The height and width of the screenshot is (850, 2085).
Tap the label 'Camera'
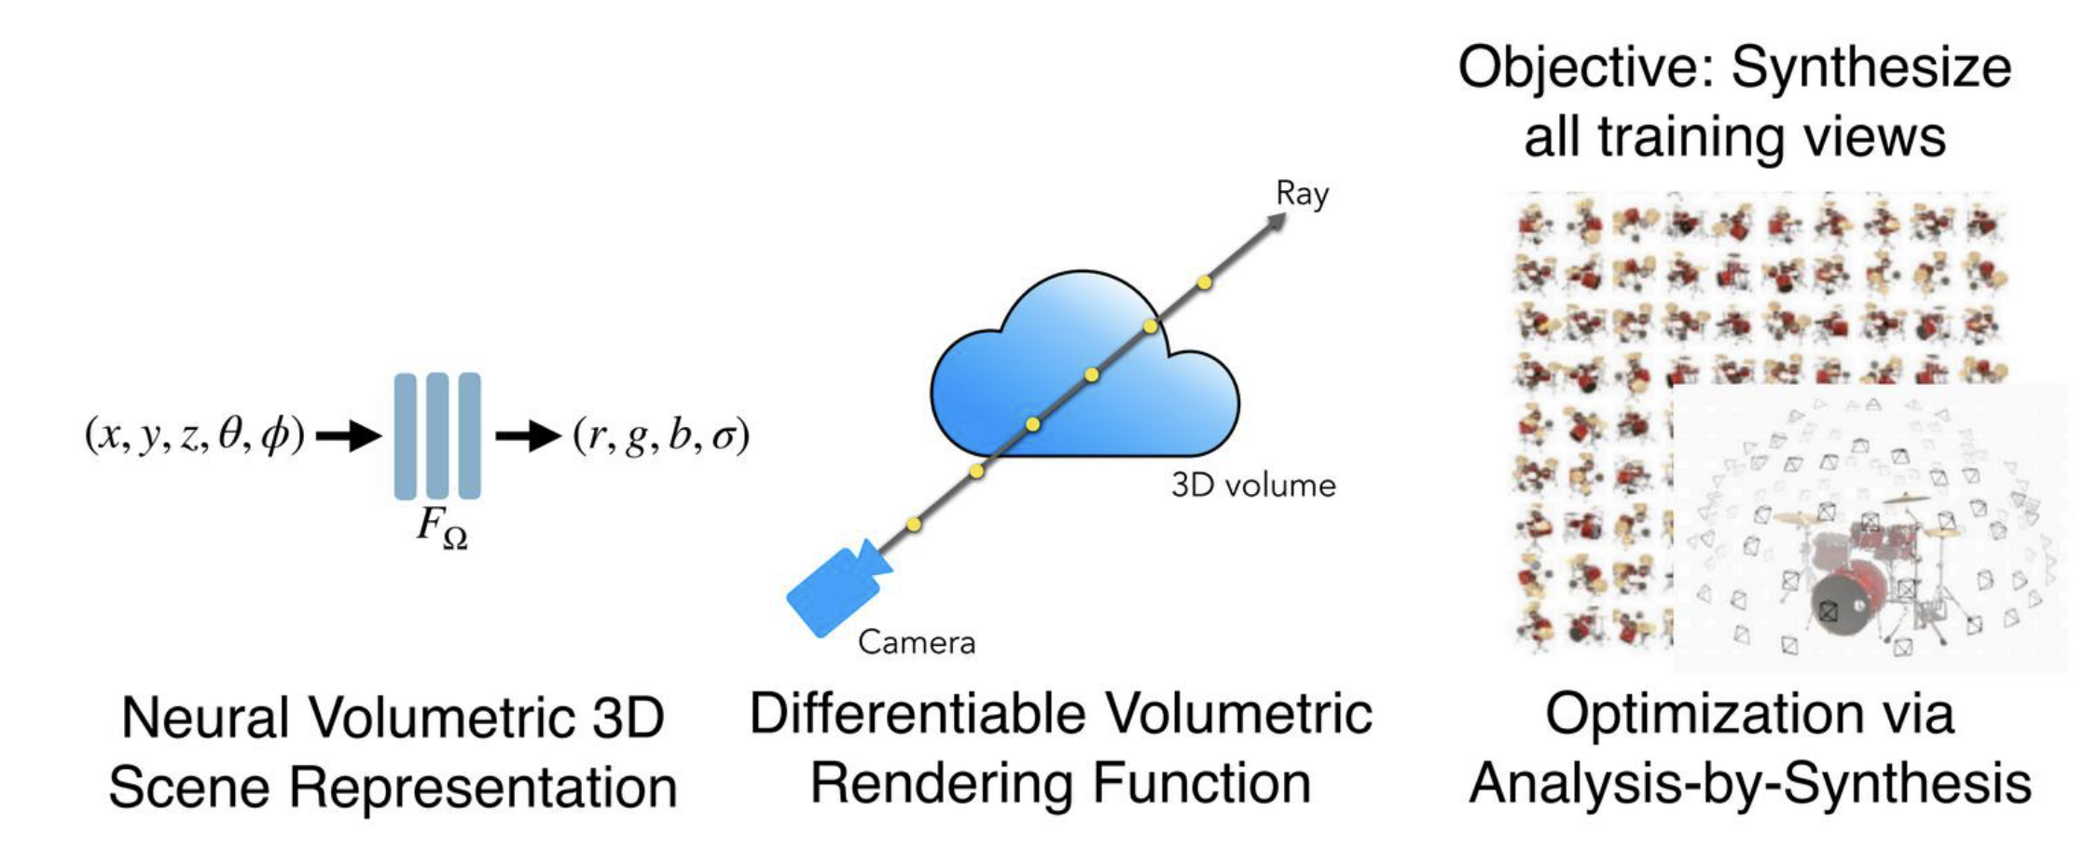point(917,642)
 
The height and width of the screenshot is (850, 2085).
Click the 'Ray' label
point(1302,194)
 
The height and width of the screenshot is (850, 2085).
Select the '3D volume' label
point(1253,486)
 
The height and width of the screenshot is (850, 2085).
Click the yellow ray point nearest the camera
point(914,525)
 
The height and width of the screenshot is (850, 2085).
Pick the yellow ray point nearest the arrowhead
point(1205,281)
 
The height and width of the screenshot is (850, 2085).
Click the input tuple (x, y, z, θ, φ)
point(194,435)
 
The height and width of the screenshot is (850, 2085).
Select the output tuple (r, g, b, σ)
point(661,435)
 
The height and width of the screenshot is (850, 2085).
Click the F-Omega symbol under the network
point(441,528)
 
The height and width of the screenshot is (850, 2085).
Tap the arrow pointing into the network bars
point(349,435)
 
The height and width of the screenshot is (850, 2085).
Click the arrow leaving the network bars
point(528,435)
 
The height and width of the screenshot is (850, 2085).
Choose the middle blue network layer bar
point(437,435)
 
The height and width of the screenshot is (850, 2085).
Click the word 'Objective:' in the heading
point(1586,68)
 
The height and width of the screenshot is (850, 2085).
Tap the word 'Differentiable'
point(918,715)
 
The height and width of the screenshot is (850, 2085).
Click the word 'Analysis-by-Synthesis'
point(1750,783)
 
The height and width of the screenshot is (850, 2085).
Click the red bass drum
point(1848,596)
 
